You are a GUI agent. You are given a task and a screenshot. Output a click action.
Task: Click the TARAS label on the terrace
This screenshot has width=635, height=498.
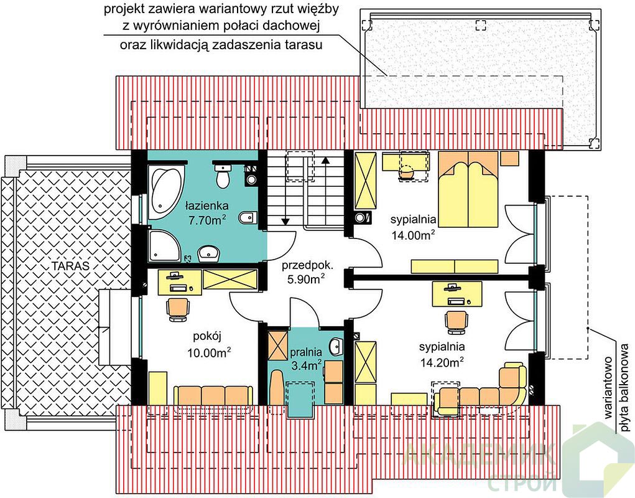tap(70, 266)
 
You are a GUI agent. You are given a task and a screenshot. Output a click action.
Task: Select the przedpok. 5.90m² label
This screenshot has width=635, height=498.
tap(307, 272)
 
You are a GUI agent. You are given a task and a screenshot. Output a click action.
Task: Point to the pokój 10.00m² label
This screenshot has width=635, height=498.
tap(209, 344)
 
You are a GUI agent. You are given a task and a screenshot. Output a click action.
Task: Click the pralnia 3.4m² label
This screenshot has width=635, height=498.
tap(306, 359)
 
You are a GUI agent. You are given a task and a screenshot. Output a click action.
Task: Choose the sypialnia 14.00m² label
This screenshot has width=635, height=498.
tap(413, 227)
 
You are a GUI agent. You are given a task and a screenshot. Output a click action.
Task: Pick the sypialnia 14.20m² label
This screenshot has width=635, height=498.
tap(442, 355)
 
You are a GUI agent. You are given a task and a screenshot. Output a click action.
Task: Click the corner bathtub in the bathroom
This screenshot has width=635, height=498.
tap(167, 191)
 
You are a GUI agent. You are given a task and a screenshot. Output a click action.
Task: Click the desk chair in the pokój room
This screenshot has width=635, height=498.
tap(178, 309)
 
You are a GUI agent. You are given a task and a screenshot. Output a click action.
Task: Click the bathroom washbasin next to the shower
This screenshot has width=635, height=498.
tap(208, 253)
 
